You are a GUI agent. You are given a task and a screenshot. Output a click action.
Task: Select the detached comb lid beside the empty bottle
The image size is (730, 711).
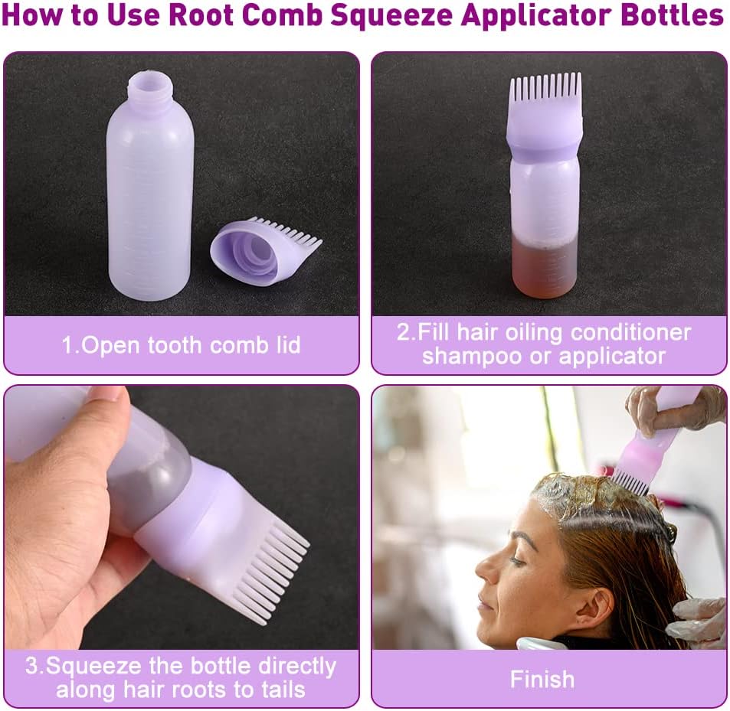pos(264,250)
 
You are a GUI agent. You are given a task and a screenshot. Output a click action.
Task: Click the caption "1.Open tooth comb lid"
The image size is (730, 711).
pos(181,344)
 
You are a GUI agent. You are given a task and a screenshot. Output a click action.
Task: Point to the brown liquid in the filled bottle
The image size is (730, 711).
pos(546,271)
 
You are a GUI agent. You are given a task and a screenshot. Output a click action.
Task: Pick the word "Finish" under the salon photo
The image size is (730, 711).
pos(542,679)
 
